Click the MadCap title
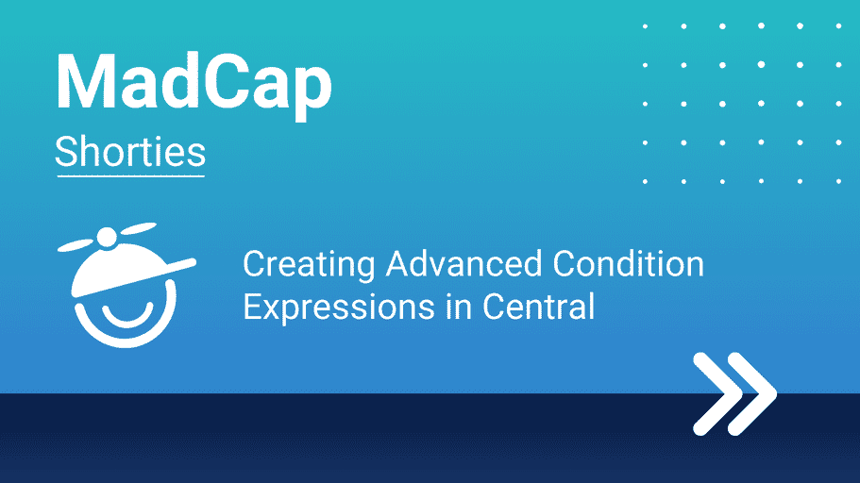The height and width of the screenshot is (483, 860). click(x=194, y=84)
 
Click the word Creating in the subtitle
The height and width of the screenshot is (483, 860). click(x=309, y=266)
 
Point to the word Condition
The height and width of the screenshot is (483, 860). click(x=628, y=264)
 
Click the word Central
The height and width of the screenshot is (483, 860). click(x=539, y=306)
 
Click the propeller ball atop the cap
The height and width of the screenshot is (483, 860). click(x=107, y=238)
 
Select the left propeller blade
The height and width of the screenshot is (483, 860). click(x=76, y=245)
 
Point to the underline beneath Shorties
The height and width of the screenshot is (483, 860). click(x=130, y=176)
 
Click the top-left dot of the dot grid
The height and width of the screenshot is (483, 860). click(x=645, y=25)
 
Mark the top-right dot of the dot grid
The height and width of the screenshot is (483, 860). click(x=838, y=25)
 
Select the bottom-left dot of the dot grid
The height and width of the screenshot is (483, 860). click(x=645, y=181)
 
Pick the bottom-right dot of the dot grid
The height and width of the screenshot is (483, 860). click(x=838, y=181)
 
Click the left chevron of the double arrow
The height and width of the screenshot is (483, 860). click(x=717, y=393)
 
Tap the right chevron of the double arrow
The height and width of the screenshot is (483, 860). click(x=752, y=393)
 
